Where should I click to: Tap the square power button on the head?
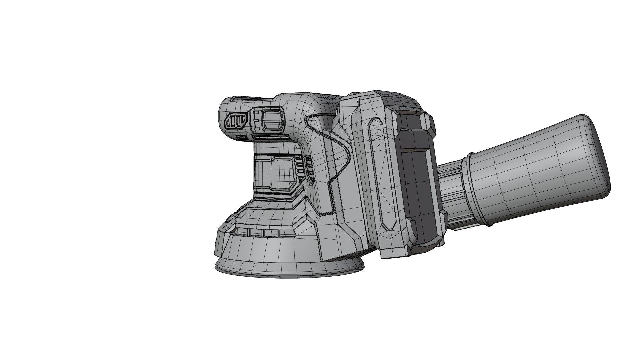[273, 119]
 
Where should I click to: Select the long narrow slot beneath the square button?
[270, 137]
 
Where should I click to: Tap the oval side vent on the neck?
[309, 170]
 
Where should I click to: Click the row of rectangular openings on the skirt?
[263, 232]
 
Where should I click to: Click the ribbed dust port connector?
[453, 193]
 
